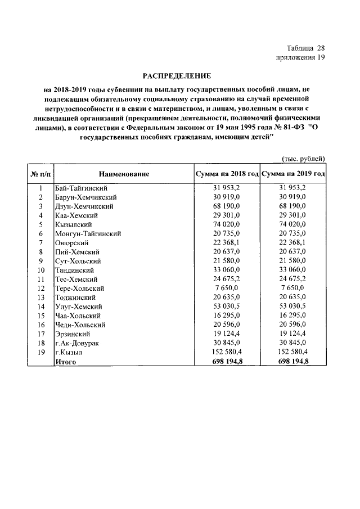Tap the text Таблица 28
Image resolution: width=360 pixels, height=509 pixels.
pos(305,48)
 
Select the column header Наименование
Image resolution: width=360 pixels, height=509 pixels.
pos(124,174)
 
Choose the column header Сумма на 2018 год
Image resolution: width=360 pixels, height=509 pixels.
pos(227,174)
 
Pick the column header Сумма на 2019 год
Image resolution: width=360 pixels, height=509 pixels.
pos(293,174)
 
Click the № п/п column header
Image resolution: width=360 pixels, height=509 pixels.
pos(40,174)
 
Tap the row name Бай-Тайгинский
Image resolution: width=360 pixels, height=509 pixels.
pos(82,188)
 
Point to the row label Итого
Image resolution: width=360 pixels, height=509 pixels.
pos(65,362)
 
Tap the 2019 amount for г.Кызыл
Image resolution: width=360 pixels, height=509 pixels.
pos(293,352)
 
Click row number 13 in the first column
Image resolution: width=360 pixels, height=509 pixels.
pos(40,298)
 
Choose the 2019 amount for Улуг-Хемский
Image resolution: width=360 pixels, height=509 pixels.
pos(293,307)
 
